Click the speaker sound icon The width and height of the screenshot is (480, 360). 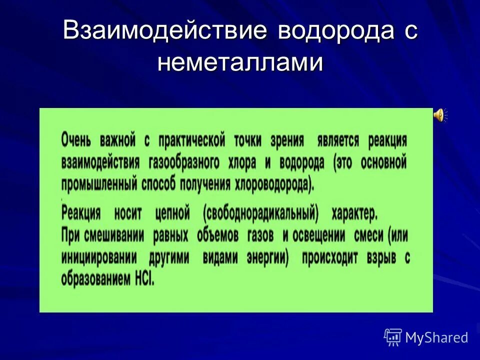439,115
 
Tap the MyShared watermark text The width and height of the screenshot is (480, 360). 436,337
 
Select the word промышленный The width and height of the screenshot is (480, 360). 99,185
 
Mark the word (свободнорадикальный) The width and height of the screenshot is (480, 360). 260,214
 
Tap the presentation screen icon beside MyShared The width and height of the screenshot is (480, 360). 393,337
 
